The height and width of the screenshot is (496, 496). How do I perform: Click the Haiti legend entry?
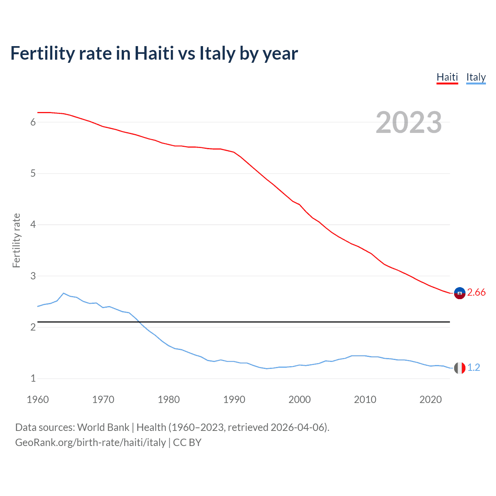447,77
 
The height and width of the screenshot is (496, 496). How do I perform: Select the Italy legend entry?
476,77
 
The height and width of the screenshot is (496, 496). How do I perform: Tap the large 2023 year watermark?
409,122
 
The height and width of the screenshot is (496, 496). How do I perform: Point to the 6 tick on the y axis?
33,122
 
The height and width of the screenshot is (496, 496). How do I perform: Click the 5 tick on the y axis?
33,174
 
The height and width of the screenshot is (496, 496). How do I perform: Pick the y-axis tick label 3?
33,276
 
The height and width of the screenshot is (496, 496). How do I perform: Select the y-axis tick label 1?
33,378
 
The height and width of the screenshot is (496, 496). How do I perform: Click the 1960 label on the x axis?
38,400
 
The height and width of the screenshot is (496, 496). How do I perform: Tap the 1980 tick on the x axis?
169,400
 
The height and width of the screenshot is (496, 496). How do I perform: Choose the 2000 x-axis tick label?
300,400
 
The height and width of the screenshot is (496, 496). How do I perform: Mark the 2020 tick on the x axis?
431,400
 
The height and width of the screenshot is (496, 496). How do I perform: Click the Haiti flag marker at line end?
460,293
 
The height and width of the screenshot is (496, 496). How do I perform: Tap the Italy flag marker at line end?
460,368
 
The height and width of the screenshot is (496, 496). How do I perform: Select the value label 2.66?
476,293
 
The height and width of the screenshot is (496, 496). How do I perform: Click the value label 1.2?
474,368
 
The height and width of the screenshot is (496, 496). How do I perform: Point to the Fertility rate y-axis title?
16,240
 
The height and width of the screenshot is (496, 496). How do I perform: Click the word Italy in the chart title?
217,53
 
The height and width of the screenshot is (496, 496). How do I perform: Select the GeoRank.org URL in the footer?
90,443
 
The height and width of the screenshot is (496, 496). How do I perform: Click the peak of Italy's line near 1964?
64,293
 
